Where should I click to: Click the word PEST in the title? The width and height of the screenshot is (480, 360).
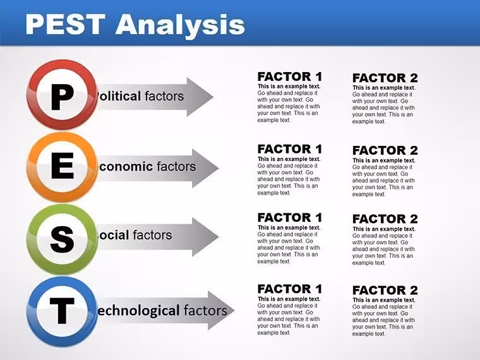pos(65,24)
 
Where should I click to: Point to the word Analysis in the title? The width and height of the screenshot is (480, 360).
pos(180,25)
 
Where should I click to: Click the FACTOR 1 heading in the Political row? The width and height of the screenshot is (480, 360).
pos(290,76)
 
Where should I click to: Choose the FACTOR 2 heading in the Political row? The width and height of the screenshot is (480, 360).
pos(385,78)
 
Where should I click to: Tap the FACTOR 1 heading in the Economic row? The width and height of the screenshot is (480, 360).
pos(290,149)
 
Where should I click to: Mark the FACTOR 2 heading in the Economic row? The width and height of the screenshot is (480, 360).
pos(385,150)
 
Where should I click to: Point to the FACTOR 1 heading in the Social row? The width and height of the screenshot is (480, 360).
pos(290,218)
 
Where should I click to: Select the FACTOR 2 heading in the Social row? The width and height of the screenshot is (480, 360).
pos(385,219)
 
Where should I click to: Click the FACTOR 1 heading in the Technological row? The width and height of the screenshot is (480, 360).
pos(290,289)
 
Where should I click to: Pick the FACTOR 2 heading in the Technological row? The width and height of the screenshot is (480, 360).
pos(385,290)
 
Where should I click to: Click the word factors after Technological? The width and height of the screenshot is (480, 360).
pos(205,310)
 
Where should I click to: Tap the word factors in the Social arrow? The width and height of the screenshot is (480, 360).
pos(152,235)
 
